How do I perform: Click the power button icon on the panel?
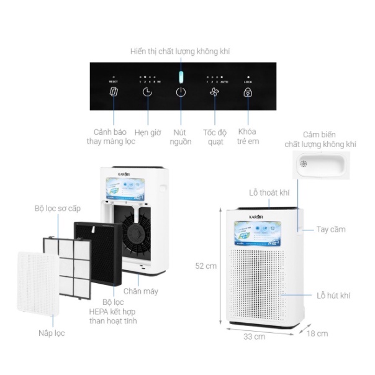[x=180, y=93]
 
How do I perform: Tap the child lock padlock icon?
[x=247, y=93]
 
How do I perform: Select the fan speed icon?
[x=214, y=93]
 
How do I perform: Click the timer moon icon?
[x=147, y=93]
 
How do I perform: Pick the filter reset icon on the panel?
[x=113, y=93]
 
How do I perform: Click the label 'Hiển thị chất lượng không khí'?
[x=180, y=51]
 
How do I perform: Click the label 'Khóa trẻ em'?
[x=248, y=137]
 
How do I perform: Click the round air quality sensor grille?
[x=304, y=163]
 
